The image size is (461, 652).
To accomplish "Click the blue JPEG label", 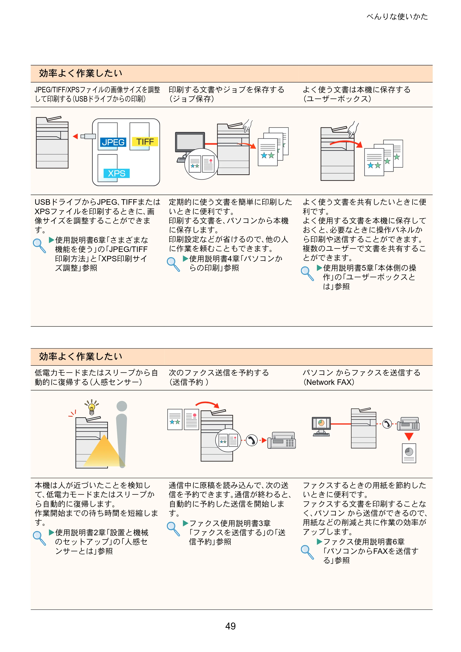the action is point(113,142).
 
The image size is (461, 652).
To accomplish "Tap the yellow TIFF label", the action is point(145,141).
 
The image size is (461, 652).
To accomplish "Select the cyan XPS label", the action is point(117,173).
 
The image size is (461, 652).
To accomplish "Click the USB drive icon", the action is point(88,136).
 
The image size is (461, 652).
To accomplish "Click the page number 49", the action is point(230,626).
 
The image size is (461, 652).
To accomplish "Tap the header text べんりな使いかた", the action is point(397,17).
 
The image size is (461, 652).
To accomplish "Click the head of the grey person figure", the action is point(122,406).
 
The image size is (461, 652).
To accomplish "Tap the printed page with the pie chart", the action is point(409,453).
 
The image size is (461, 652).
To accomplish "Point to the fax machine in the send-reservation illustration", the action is point(281,440).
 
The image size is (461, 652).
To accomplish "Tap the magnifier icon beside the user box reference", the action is point(307,273).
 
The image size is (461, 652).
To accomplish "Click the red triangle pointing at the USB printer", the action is point(75,136).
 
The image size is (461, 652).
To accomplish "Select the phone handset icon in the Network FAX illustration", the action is point(387,424).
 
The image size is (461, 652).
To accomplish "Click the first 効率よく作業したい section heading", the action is point(81,73).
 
